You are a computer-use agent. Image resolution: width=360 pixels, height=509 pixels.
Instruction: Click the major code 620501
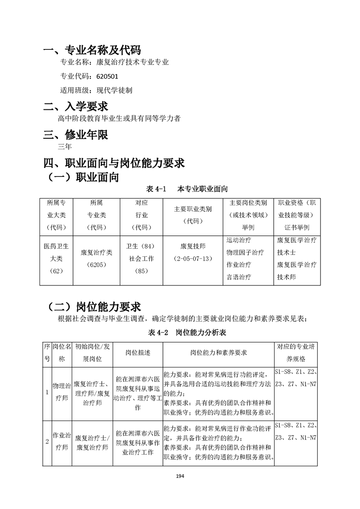(107, 76)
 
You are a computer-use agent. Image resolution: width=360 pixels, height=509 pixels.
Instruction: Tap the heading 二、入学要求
(75, 107)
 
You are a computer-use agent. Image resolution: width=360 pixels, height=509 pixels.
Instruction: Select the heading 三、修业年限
(75, 135)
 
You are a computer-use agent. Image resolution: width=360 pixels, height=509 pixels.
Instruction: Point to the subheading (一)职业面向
(83, 177)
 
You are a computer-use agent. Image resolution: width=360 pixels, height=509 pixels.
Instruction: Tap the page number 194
(180, 476)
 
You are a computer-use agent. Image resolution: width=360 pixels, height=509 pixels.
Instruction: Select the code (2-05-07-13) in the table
(193, 259)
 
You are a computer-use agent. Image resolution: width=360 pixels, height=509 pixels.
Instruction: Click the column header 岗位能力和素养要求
(218, 352)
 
